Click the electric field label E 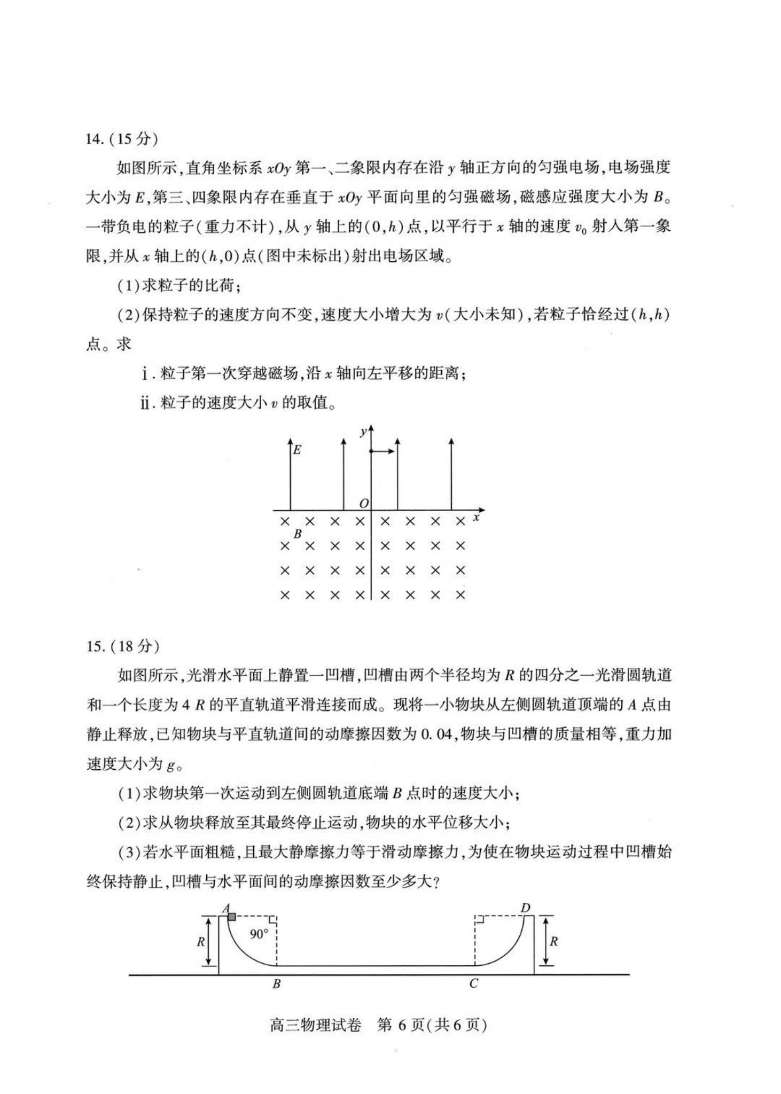pos(298,450)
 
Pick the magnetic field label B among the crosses pos(298,534)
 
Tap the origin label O pos(364,503)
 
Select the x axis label pos(476,517)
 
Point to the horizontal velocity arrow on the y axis pos(383,451)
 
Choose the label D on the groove pos(525,908)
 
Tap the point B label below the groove pos(276,984)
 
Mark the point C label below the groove pos(474,984)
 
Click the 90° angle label pos(259,934)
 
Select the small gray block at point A pos(232,917)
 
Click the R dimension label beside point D pos(554,942)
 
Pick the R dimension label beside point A pos(201,942)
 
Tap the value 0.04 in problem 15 pos(436,734)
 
